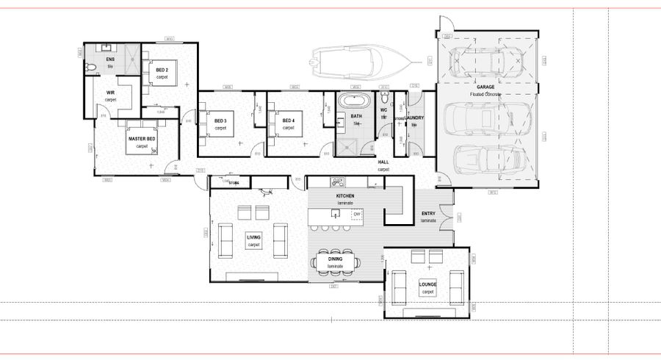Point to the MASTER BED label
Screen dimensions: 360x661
point(141,139)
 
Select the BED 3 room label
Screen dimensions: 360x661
point(220,120)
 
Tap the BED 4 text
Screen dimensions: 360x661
point(288,120)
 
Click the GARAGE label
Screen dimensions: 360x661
point(485,87)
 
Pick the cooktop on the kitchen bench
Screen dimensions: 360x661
point(337,181)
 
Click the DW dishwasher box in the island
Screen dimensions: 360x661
point(356,215)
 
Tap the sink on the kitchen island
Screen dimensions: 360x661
point(335,215)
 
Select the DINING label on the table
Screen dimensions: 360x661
point(336,259)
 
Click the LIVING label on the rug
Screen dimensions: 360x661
point(253,237)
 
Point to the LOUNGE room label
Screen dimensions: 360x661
point(427,284)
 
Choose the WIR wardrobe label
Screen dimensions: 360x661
point(110,93)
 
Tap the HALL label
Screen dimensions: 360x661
point(383,162)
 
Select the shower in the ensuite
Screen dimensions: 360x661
point(130,57)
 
